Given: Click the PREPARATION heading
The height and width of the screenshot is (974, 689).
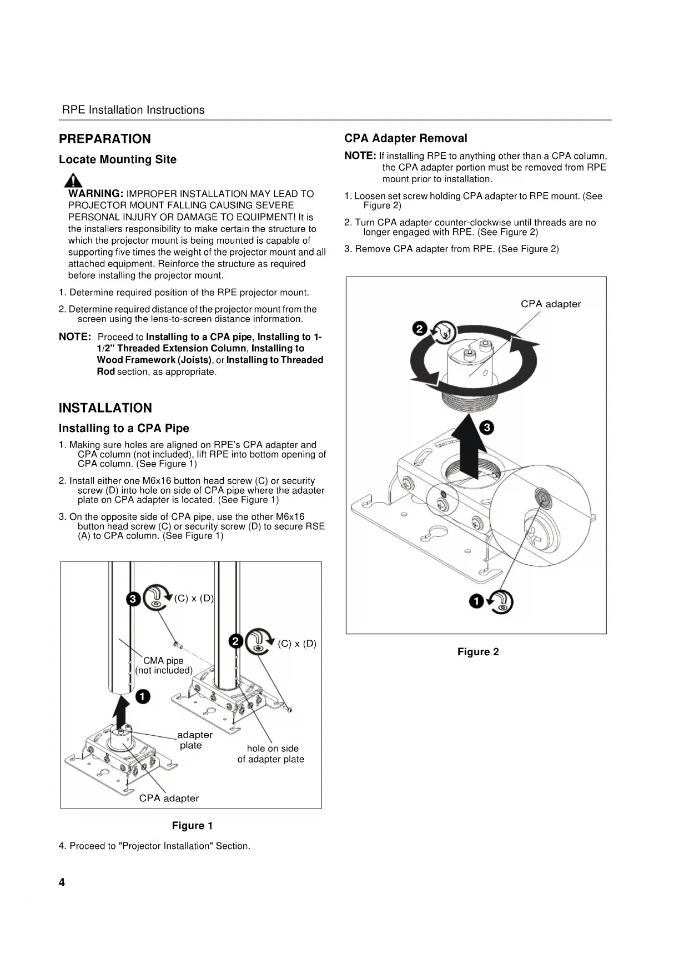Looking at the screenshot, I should [x=105, y=139].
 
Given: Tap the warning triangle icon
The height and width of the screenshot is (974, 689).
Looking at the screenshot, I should [x=73, y=180].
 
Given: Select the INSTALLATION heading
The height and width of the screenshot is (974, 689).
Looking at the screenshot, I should [x=105, y=408].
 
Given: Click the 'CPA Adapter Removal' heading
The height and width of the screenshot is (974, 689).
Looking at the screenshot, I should [x=406, y=138].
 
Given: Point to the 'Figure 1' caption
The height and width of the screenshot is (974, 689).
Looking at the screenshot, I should [x=192, y=826].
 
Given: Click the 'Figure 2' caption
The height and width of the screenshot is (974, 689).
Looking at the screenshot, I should [x=478, y=652].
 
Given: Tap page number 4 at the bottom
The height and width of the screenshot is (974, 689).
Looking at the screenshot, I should [x=62, y=882].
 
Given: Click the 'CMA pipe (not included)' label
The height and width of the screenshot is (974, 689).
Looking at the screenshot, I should [x=164, y=665].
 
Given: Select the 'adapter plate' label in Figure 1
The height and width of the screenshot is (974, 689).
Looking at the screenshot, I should [x=194, y=740].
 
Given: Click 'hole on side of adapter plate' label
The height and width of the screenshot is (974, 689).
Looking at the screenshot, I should [x=271, y=754].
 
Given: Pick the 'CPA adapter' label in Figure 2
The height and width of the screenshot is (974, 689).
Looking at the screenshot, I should [x=551, y=304].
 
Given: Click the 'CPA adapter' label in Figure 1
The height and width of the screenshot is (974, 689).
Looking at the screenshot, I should [x=169, y=798].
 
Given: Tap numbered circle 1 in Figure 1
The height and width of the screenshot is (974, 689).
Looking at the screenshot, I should [x=143, y=696].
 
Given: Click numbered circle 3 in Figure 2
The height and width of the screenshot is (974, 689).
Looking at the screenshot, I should [x=486, y=428].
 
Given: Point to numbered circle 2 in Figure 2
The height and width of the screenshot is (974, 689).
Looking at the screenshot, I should [x=420, y=328].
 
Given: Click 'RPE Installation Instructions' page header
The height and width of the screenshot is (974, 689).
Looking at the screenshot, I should [x=133, y=110].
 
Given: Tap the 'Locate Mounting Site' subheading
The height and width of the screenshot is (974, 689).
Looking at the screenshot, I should [x=118, y=160].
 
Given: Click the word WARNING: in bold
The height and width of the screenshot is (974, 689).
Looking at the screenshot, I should [x=95, y=194].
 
